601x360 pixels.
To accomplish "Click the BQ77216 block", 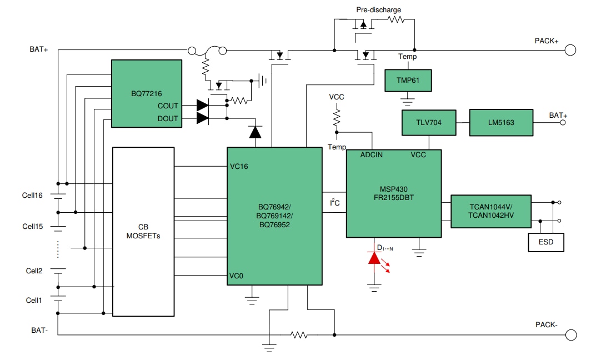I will [147, 93].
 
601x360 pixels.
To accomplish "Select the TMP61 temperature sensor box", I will [408, 80].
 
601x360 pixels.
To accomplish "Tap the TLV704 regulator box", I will [428, 123].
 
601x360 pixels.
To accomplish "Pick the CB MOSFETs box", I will [143, 231].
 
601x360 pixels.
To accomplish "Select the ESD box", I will [546, 242].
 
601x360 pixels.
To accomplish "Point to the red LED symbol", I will [374, 258].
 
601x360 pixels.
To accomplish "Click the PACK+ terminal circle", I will [570, 50].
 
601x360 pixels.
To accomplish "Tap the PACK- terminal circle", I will [570, 334].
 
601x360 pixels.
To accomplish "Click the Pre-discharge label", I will [379, 9].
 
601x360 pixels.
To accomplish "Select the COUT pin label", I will [168, 106].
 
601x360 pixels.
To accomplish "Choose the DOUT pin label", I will [168, 118].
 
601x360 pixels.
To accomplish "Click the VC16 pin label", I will [239, 166].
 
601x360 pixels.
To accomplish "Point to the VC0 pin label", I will [237, 276].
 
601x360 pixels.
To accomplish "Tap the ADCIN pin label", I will [371, 154].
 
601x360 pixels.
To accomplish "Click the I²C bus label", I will [335, 203].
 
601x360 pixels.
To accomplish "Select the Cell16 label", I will [32, 195].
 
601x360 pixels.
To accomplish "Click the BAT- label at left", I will [40, 330].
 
